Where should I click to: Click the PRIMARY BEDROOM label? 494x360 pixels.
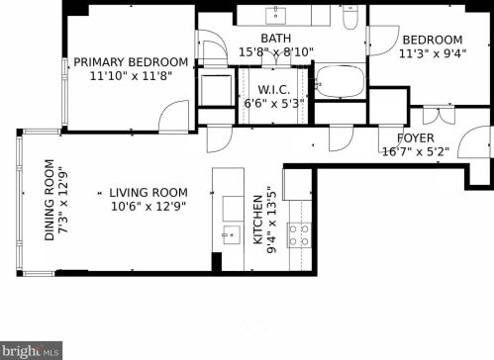[131, 62]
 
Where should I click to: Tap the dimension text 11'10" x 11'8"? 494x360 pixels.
[131, 76]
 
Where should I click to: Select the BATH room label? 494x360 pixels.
[276, 39]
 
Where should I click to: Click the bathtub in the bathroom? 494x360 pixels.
[340, 81]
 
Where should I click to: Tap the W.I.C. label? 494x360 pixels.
[274, 90]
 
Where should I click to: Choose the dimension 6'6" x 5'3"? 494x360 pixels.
[274, 104]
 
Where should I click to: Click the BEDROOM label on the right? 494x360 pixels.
[433, 40]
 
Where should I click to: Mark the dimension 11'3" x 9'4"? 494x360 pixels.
[433, 53]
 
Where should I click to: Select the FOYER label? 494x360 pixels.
[416, 137]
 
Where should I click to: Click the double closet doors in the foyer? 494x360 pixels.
[439, 115]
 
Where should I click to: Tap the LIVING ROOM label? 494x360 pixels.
[148, 193]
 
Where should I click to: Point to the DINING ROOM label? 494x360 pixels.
[49, 200]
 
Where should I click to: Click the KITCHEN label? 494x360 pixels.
[257, 220]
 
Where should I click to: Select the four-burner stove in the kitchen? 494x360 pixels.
[299, 235]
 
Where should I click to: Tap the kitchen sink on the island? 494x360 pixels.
[232, 234]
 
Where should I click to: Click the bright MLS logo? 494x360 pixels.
[31, 350]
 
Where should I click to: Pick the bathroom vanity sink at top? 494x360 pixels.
[276, 15]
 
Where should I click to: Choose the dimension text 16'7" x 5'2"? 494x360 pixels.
[416, 151]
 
